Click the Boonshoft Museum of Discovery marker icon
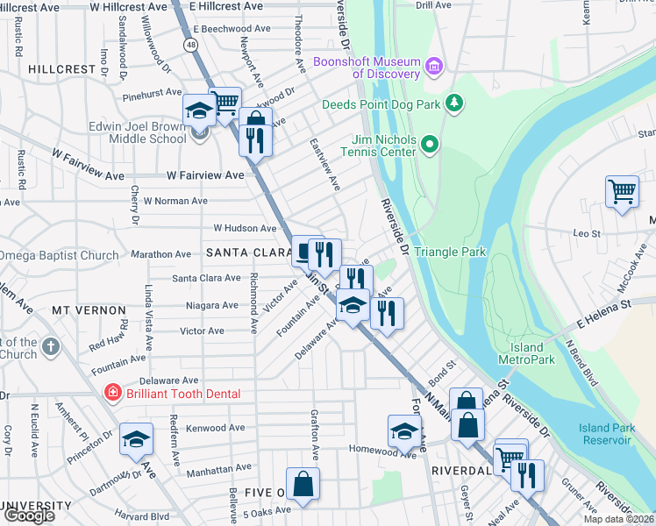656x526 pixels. tap(433, 67)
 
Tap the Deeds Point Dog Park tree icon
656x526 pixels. tap(453, 104)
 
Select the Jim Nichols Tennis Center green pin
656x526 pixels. tap(429, 144)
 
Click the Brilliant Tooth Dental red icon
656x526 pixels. tap(112, 394)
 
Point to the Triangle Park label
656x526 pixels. tap(449, 252)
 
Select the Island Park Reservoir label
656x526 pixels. tap(604, 433)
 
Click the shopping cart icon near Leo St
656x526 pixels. tap(621, 189)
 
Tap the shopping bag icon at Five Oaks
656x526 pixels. tap(303, 483)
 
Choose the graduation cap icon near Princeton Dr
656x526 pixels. tap(136, 438)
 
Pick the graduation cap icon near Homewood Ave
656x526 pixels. tap(403, 431)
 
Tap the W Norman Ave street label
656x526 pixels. tap(175, 201)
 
